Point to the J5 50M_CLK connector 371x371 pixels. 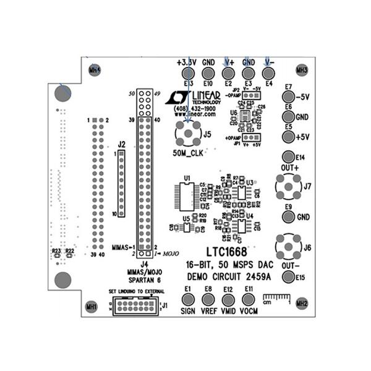[x=188, y=133]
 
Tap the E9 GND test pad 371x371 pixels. [x=288, y=217]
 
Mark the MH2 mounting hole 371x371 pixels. [x=302, y=302]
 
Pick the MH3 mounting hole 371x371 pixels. [x=302, y=70]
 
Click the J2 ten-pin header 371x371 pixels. [x=121, y=184]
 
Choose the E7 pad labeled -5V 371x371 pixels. [x=288, y=97]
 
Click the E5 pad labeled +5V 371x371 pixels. [x=288, y=136]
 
